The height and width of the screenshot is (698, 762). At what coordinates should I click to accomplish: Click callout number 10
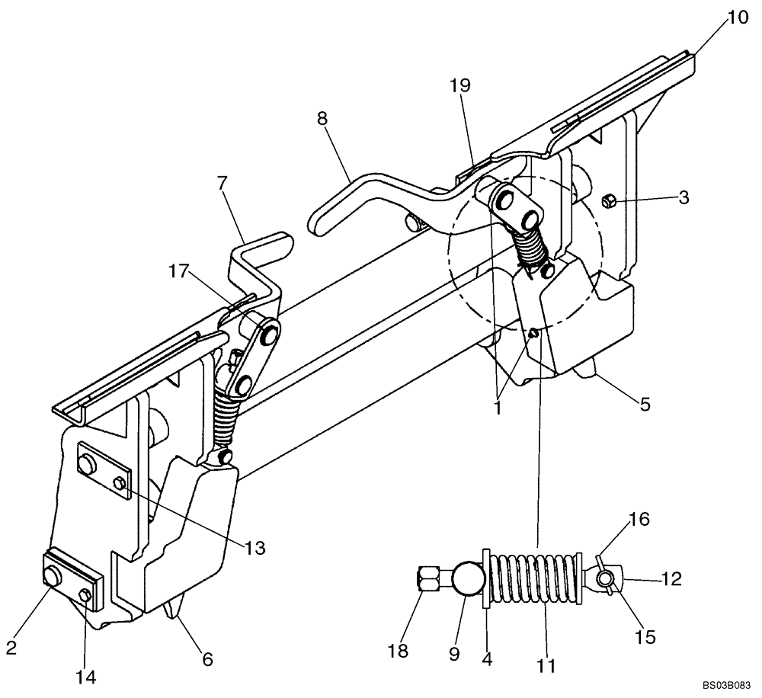738,17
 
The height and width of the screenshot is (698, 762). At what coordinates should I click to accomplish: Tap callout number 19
459,85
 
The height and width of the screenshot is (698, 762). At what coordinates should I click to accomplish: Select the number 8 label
322,120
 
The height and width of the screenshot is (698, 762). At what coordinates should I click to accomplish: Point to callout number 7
223,183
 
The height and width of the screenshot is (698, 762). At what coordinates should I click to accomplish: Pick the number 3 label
684,198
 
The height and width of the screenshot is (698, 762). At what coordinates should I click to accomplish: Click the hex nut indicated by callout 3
609,203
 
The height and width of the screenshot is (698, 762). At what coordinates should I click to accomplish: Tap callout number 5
645,405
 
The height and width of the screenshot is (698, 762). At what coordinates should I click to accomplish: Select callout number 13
256,548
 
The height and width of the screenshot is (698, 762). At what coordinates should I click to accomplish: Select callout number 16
639,520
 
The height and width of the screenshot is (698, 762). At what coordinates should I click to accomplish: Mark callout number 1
498,408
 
